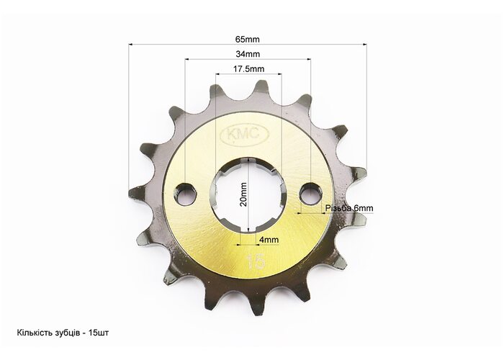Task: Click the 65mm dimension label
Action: (247, 39)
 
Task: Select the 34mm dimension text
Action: (248, 54)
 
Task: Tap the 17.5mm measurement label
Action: (249, 69)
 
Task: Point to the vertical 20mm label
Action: (243, 194)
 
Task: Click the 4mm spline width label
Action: (269, 240)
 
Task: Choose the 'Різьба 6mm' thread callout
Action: (349, 208)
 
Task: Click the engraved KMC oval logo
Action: (244, 135)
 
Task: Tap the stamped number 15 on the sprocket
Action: (256, 261)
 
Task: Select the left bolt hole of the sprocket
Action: (185, 194)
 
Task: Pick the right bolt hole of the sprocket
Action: (311, 193)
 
